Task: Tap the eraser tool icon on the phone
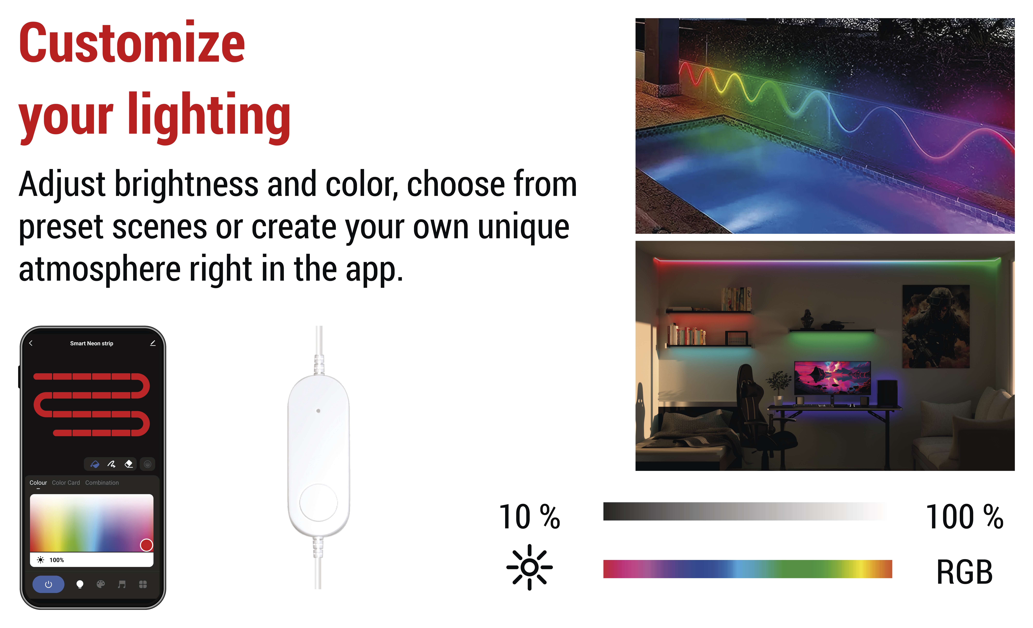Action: click(x=129, y=464)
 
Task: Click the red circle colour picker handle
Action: click(x=146, y=545)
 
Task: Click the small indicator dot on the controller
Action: click(x=318, y=411)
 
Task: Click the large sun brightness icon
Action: click(x=530, y=567)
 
